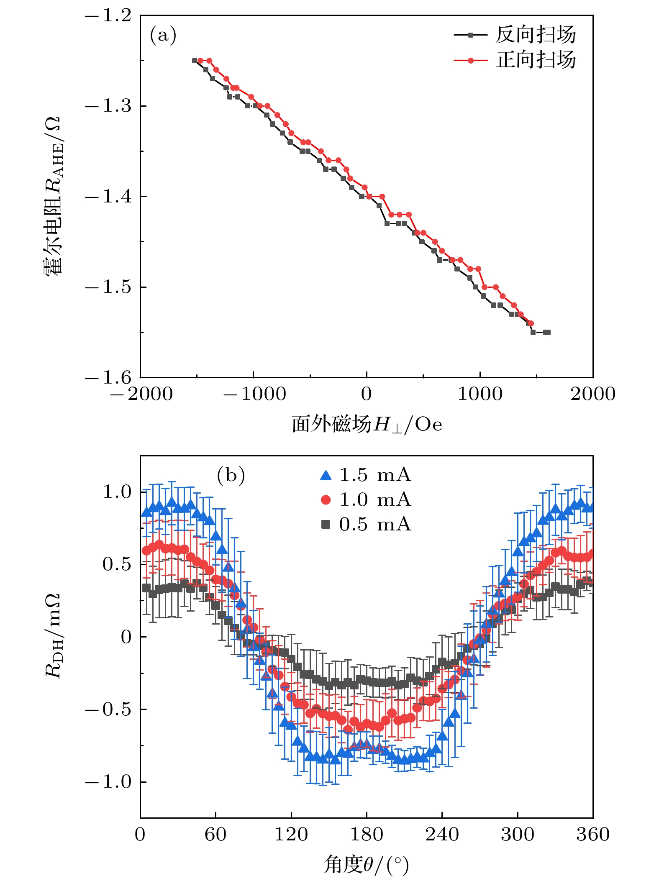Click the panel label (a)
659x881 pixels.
(163, 35)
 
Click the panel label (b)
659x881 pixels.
(231, 476)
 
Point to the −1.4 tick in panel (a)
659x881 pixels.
(108, 196)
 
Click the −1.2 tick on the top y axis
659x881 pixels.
(108, 16)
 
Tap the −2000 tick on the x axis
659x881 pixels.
(141, 394)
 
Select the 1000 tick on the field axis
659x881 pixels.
(480, 394)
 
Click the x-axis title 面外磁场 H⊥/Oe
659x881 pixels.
(367, 425)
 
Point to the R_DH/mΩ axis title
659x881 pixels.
(53, 636)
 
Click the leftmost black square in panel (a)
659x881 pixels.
(195, 61)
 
